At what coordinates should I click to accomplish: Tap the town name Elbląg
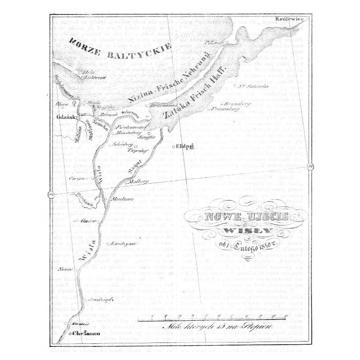pyautogui.click(x=184, y=146)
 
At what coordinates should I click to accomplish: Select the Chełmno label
pyautogui.click(x=82, y=334)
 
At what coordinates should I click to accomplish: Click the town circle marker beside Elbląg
pyautogui.click(x=173, y=147)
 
